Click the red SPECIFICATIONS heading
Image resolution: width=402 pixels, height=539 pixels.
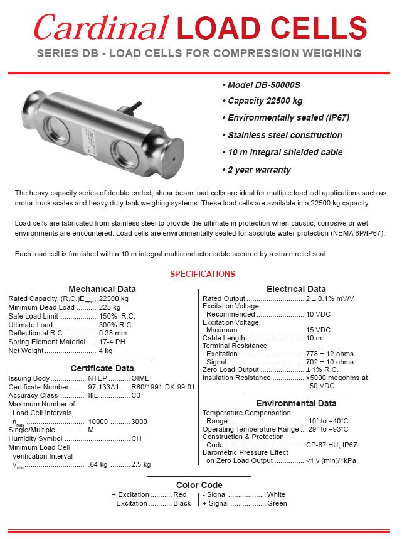(203, 274)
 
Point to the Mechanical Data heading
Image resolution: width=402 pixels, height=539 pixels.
(102, 289)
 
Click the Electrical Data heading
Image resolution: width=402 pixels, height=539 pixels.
(296, 289)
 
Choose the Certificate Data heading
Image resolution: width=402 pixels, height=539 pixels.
(102, 368)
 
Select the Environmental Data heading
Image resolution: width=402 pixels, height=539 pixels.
(296, 403)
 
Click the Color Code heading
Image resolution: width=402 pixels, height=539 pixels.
(199, 485)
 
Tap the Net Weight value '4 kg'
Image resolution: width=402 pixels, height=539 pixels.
(105, 351)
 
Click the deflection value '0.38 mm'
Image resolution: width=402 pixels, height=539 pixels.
(113, 333)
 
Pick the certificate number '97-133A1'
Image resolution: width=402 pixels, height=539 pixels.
(104, 387)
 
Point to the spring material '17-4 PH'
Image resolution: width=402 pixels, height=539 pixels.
(111, 342)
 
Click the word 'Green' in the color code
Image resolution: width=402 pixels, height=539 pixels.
(277, 503)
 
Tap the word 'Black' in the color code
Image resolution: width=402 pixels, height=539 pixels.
(182, 503)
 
